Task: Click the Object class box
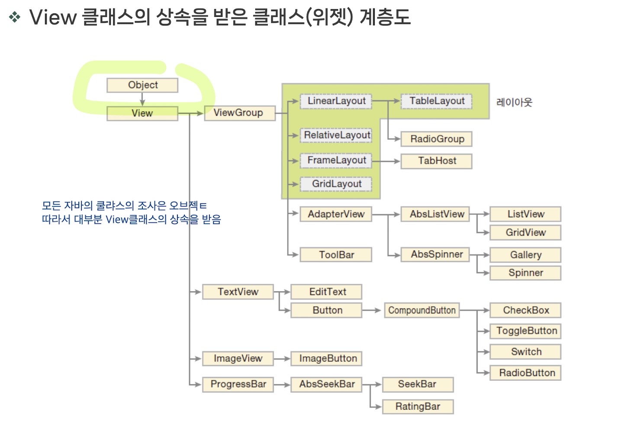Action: coord(142,85)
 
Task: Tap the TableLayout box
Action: coord(437,101)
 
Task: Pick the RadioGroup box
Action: coord(437,139)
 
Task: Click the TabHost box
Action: coord(437,161)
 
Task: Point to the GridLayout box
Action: coord(336,184)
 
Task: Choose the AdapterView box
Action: coord(336,214)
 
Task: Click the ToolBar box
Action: coord(336,255)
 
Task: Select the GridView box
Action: coord(525,233)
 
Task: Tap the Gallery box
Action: coord(525,255)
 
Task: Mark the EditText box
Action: coord(327,292)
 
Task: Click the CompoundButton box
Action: coord(422,311)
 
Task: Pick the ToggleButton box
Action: coord(526,331)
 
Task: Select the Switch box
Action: coord(526,352)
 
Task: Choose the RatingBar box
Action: coord(418,407)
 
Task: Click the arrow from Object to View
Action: coord(142,100)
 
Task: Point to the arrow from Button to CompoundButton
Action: coord(372,310)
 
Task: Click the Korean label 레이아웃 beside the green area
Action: coord(514,103)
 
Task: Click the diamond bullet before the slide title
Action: coord(15,17)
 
